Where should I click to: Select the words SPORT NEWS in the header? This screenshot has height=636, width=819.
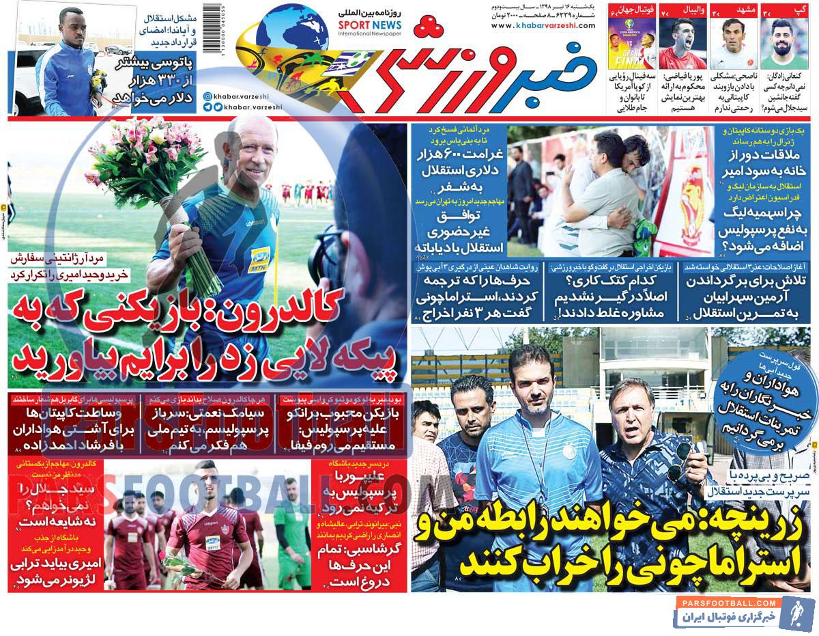click(369, 25)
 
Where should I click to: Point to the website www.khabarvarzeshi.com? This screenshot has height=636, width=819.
click(543, 26)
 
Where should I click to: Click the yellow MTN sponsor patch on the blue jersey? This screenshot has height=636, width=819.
click(261, 258)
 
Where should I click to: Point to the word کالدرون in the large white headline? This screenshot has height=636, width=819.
click(291, 304)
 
